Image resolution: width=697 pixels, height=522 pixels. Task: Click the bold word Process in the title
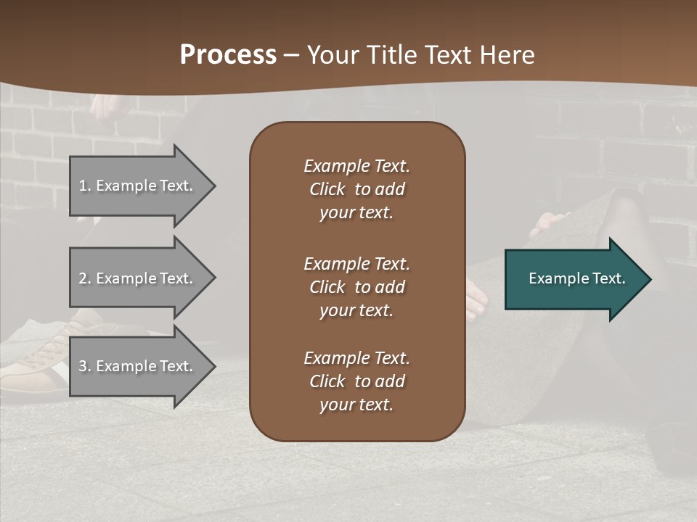pos(228,55)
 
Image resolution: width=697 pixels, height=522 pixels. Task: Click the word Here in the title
pos(507,55)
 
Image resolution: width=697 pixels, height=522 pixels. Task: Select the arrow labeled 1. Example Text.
pos(138,186)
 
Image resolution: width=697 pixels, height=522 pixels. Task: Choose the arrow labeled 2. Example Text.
pos(138,278)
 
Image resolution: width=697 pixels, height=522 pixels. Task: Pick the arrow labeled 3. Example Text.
pos(138,366)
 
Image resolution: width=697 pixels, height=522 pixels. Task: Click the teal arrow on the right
pos(574,278)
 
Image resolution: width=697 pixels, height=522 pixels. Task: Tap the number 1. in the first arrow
pos(85,186)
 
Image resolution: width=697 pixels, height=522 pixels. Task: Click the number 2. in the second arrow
pos(85,278)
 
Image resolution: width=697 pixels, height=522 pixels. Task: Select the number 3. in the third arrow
pos(85,366)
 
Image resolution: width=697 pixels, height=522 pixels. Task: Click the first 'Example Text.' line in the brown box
pos(356,166)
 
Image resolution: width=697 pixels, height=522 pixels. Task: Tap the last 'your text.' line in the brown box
pos(356,405)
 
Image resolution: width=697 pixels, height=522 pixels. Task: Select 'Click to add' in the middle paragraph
pos(356,287)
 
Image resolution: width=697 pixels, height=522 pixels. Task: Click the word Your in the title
pos(331,55)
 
